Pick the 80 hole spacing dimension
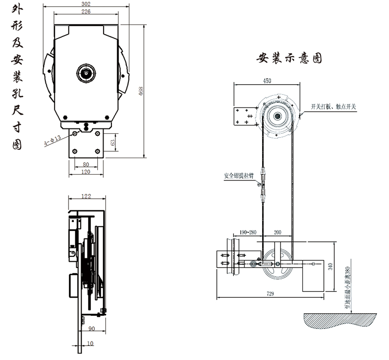point(86,164)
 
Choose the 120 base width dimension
point(86,172)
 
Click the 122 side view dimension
point(86,196)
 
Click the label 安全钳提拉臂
point(238,175)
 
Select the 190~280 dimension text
point(248,233)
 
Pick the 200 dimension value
point(278,233)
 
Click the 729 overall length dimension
point(270,293)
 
